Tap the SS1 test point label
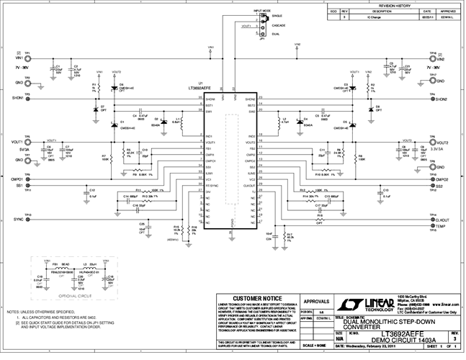point(16,185)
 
